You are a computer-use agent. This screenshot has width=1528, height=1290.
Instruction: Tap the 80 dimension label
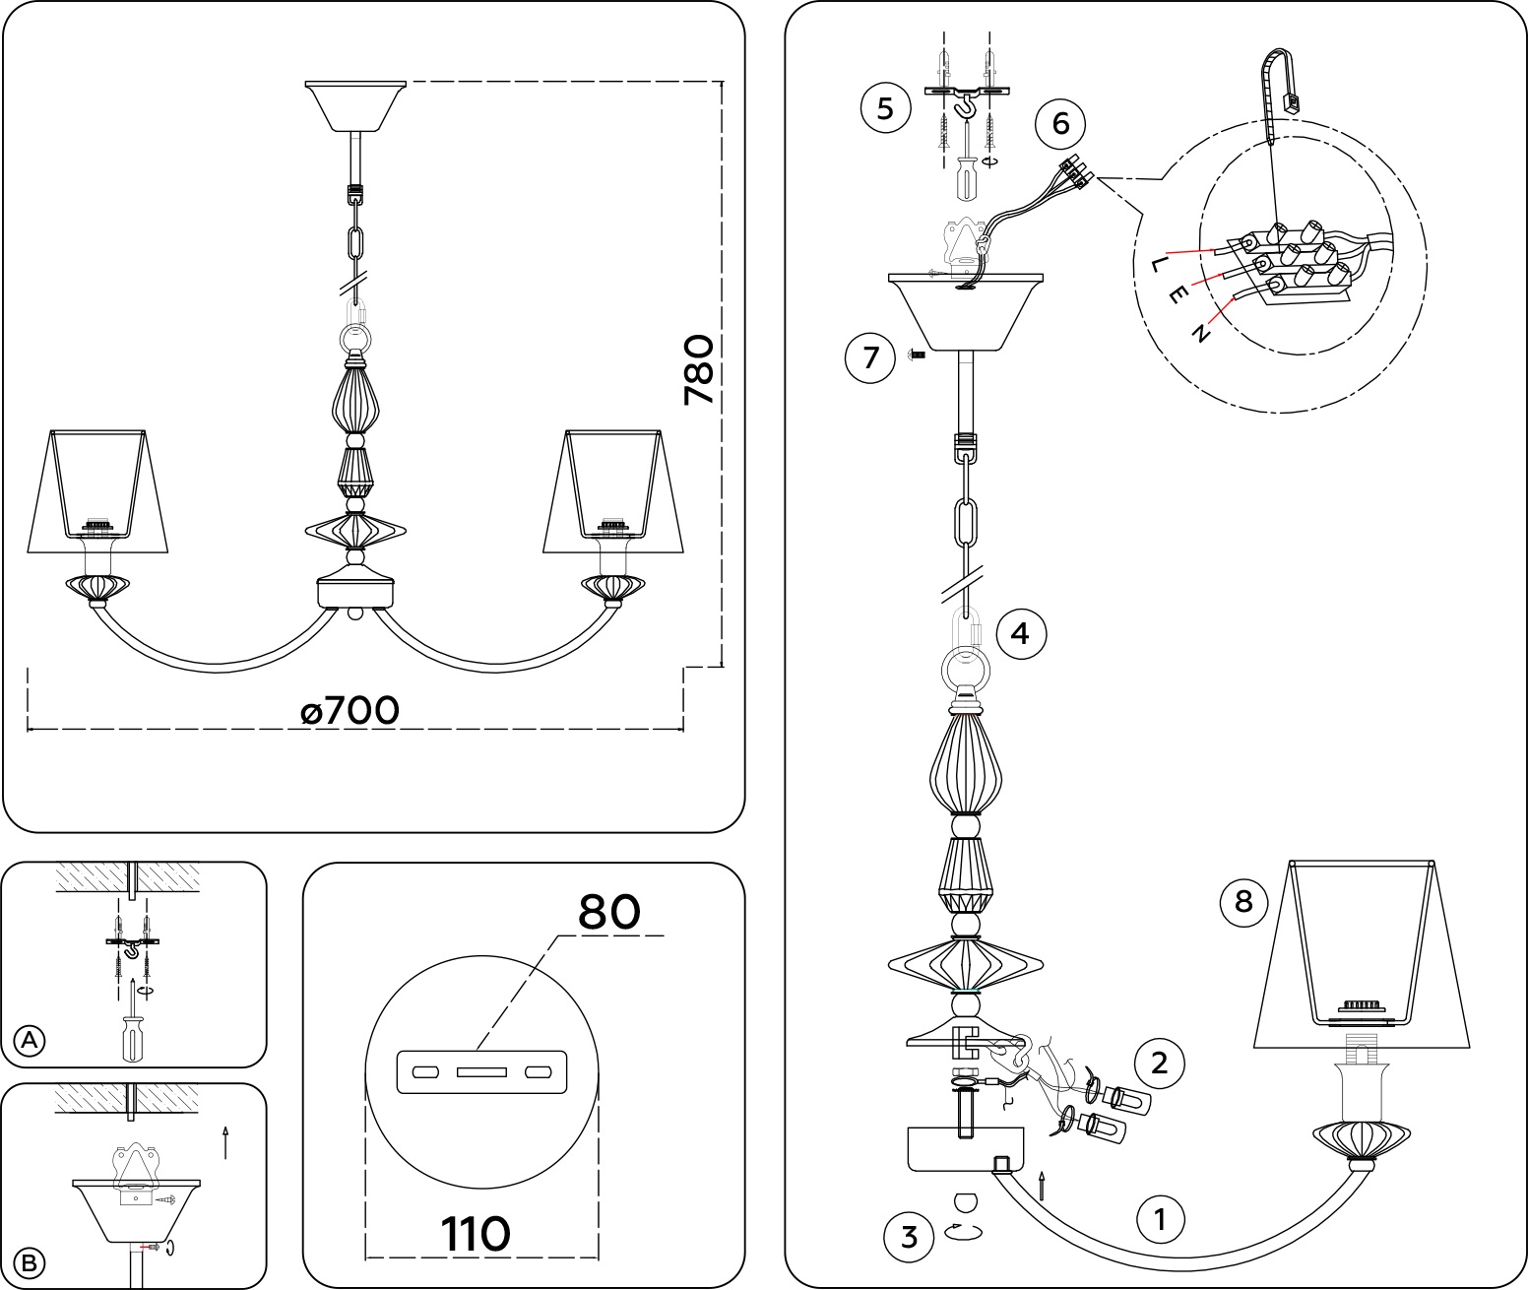pos(609,912)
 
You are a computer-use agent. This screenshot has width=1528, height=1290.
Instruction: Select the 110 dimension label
pos(475,1233)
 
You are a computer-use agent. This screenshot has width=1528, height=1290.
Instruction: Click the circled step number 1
pos(1160,1220)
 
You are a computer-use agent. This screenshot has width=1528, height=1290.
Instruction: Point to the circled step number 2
pos(1159,1063)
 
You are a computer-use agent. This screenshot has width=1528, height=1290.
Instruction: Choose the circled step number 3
pos(909,1236)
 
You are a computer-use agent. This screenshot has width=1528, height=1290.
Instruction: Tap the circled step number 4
pos(1021,633)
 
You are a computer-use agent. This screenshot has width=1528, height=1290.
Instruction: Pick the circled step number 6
pos(1059,124)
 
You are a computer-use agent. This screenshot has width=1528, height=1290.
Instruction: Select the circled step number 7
pos(870,356)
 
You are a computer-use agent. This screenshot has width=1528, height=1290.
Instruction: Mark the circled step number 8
pos(1243,900)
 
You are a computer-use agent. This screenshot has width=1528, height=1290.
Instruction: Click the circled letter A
pos(31,1040)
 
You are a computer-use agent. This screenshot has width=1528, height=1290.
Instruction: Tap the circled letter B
pos(31,1261)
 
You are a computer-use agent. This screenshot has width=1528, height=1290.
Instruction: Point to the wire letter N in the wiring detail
pos(1199,334)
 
